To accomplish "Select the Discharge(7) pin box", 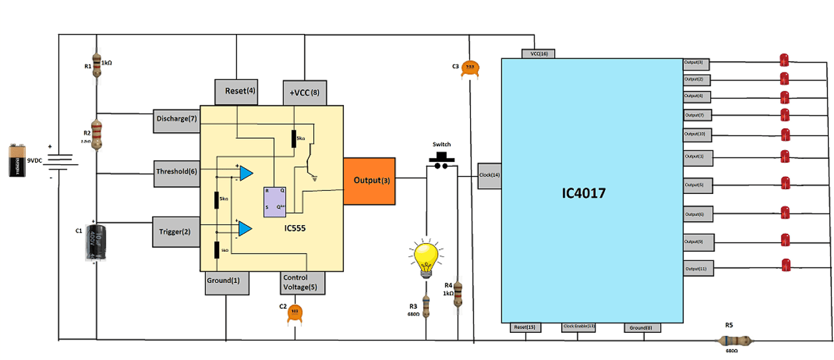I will [x=176, y=119].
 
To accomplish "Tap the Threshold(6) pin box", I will [x=176, y=171].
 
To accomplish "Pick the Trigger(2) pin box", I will [x=176, y=231].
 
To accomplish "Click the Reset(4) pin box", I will [x=236, y=91].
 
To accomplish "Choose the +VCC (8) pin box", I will [x=305, y=92].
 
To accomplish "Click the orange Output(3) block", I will [x=369, y=181].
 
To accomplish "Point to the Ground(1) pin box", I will [x=226, y=282].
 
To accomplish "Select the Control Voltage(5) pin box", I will [x=302, y=282].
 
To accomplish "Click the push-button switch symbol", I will [x=440, y=161].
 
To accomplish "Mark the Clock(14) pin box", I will [x=489, y=175].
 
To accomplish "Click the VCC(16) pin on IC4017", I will [x=539, y=53].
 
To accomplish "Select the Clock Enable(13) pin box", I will [x=578, y=327].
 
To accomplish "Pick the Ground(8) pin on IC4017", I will [x=644, y=327].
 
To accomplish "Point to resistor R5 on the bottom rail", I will [x=736, y=341].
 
